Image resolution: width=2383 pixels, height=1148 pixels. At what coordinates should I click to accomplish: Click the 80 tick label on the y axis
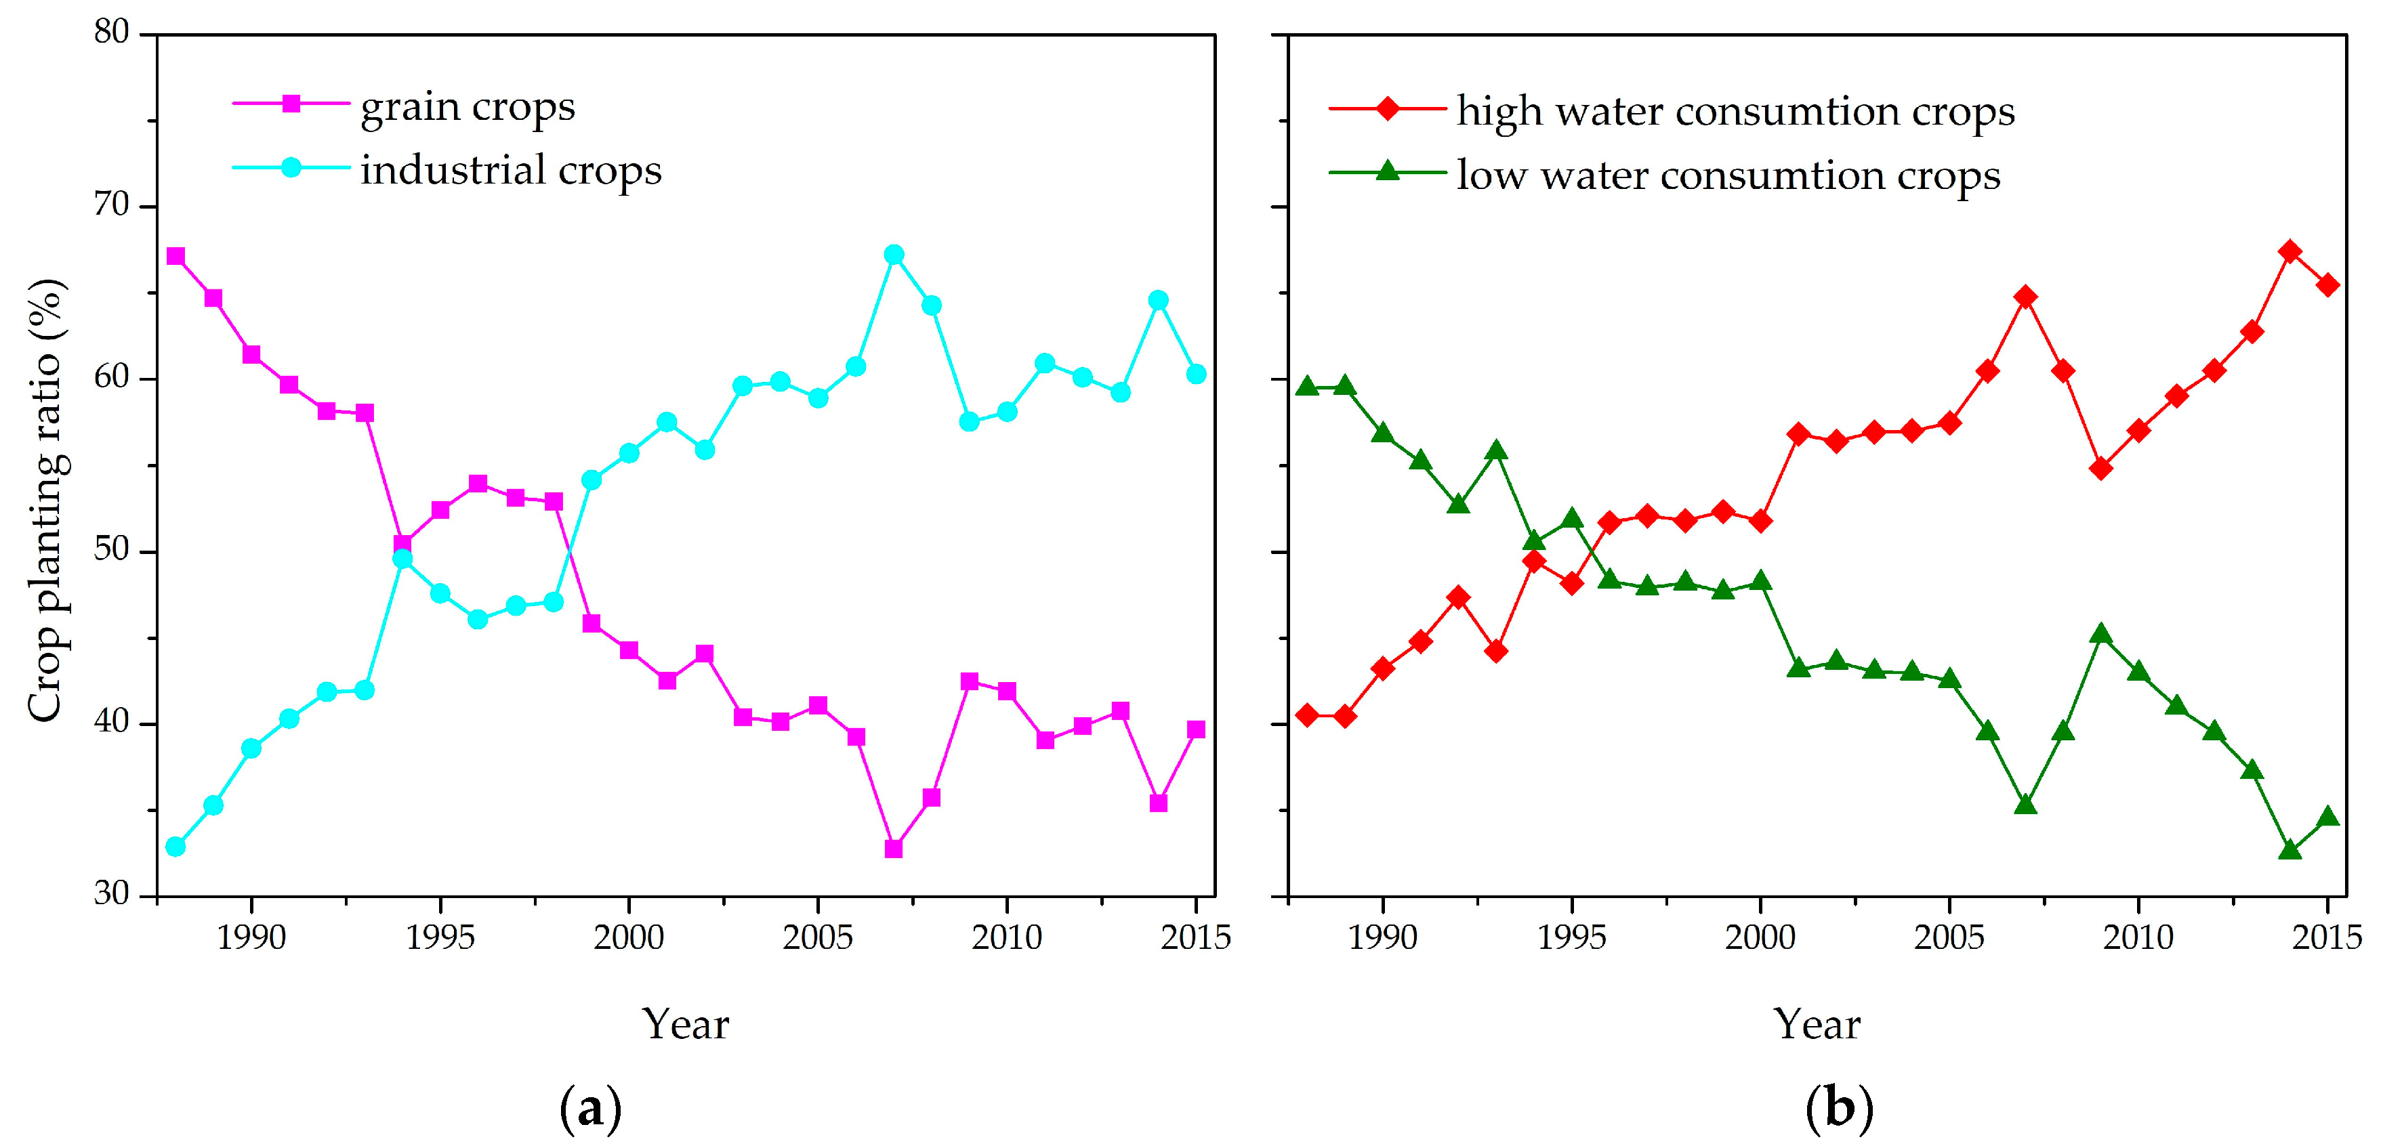coord(111,33)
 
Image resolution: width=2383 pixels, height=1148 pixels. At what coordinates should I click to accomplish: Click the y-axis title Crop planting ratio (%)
coord(45,500)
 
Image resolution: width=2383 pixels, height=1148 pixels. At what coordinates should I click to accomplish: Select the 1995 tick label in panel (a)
coord(440,937)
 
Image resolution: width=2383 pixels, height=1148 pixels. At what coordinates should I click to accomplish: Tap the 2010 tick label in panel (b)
coord(2138,937)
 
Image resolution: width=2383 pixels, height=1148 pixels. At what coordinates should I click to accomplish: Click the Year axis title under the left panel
coord(686,1024)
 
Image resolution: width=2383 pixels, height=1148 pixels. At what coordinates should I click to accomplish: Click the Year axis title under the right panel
coord(1817,1024)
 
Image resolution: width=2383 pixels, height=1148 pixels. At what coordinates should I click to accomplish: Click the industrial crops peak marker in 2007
coord(894,255)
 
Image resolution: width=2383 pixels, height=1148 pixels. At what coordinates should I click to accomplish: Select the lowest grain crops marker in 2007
coord(894,848)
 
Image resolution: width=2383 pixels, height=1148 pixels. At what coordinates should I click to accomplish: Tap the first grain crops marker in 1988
coord(175,256)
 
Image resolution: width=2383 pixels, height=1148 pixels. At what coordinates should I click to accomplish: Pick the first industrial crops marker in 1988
coord(175,847)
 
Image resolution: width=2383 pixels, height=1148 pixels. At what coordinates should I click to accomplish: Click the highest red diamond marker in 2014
coord(2289,252)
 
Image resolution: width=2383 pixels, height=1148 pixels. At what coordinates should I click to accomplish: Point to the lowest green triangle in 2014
coord(2289,850)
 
